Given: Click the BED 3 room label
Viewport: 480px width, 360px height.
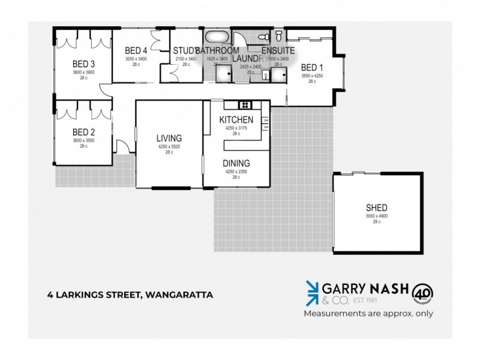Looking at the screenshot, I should (x=83, y=64).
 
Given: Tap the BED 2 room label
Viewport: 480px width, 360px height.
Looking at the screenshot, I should (x=83, y=132).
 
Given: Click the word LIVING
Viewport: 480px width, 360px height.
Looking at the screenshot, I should (x=169, y=138).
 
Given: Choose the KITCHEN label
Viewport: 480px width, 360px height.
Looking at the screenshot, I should (x=236, y=120).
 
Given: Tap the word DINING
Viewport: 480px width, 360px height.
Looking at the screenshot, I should (x=236, y=163).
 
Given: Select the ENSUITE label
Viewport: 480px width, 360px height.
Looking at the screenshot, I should (x=278, y=50).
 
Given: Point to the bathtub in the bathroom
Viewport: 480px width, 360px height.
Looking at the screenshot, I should (x=215, y=37).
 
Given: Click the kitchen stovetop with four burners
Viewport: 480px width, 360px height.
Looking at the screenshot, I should (x=244, y=105).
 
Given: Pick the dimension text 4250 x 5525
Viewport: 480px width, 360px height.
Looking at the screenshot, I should (x=169, y=147).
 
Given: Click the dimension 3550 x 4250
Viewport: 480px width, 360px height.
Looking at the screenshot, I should (x=312, y=76).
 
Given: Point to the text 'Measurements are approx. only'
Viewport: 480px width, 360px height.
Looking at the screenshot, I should (x=368, y=313).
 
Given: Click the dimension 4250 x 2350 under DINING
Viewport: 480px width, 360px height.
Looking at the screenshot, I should (x=236, y=172).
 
